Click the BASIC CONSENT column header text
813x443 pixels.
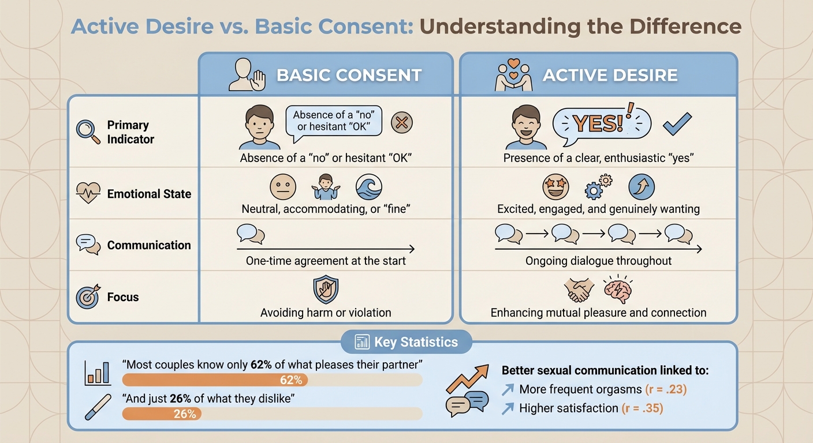(349, 76)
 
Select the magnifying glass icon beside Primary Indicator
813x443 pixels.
(88, 132)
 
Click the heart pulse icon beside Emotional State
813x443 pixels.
(88, 194)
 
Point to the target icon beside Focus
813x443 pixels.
(88, 297)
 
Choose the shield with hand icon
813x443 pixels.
(326, 290)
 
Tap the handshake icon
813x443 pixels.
(579, 290)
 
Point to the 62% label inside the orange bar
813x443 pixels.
(291, 380)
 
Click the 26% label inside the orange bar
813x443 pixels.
(185, 414)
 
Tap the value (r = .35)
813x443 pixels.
(642, 408)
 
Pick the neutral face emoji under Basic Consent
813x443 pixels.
(283, 187)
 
